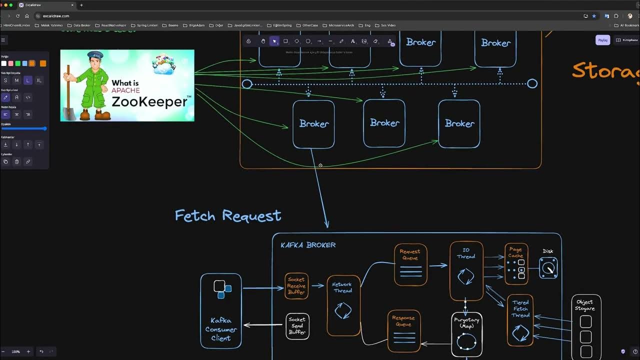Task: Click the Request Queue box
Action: [410, 264]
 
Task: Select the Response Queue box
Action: [403, 329]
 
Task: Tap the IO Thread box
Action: [466, 270]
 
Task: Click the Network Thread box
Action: [343, 305]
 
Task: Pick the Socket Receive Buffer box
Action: [296, 286]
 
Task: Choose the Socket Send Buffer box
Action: [297, 326]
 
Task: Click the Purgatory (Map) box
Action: [466, 334]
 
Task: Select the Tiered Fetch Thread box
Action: [520, 320]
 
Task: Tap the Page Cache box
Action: [516, 263]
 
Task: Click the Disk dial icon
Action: [548, 268]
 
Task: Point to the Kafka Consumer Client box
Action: [220, 310]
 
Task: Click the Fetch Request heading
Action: [227, 216]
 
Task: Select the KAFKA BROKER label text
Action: [308, 245]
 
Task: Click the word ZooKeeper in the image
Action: [149, 102]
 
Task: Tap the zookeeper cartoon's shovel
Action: [69, 100]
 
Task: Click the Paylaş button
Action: [602, 40]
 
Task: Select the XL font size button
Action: [39, 80]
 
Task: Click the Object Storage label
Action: [584, 305]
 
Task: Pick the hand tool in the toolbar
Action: [263, 41]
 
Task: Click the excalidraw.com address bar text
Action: [56, 16]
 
